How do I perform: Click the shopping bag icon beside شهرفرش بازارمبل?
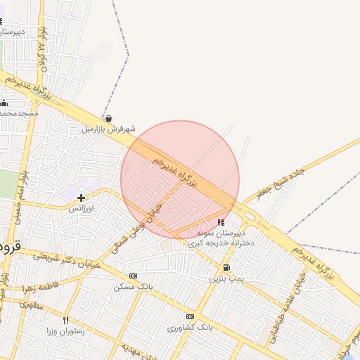tap(108, 119)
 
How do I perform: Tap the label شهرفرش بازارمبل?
tap(108, 129)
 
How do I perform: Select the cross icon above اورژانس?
tap(82, 198)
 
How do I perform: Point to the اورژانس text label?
tap(82, 209)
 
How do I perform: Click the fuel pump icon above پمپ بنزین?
tap(226, 268)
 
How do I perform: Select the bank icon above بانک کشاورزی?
tap(190, 317)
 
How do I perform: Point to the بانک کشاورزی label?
tap(190, 328)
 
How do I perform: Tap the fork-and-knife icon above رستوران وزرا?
tap(66, 320)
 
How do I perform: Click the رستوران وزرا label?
tap(66, 330)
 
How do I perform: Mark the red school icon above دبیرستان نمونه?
tap(222, 222)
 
